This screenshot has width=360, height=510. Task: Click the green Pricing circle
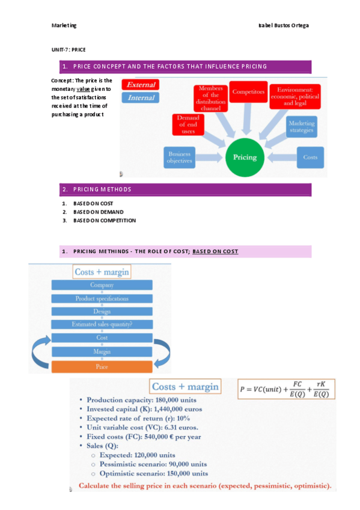(244, 157)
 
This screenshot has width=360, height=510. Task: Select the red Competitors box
(248, 93)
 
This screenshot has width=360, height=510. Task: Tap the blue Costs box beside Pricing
(310, 157)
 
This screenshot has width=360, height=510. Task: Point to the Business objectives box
(180, 157)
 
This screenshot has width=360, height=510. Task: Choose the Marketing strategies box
(301, 126)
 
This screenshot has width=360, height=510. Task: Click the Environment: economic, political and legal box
(294, 96)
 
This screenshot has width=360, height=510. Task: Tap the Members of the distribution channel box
(210, 99)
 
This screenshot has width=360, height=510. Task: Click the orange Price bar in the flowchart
(102, 367)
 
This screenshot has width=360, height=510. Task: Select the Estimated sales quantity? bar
(102, 324)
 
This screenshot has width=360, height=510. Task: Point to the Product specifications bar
(102, 298)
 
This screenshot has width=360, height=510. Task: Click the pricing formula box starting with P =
(284, 389)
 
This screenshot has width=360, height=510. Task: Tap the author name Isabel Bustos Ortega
(283, 25)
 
